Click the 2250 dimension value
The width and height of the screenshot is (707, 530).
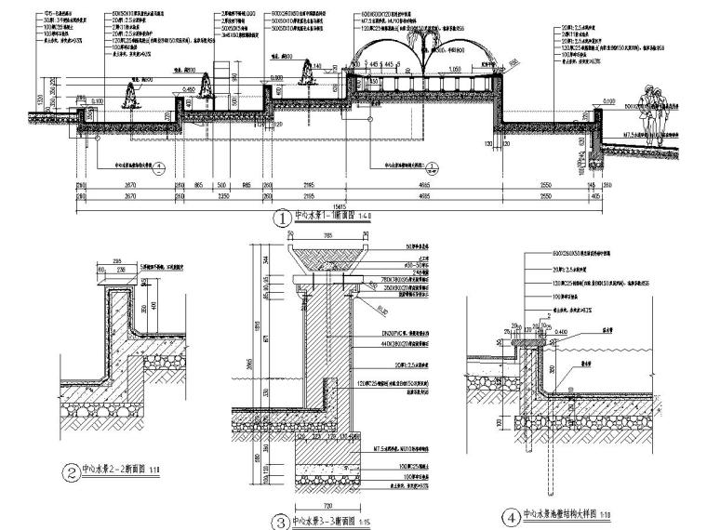(x=222, y=198)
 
